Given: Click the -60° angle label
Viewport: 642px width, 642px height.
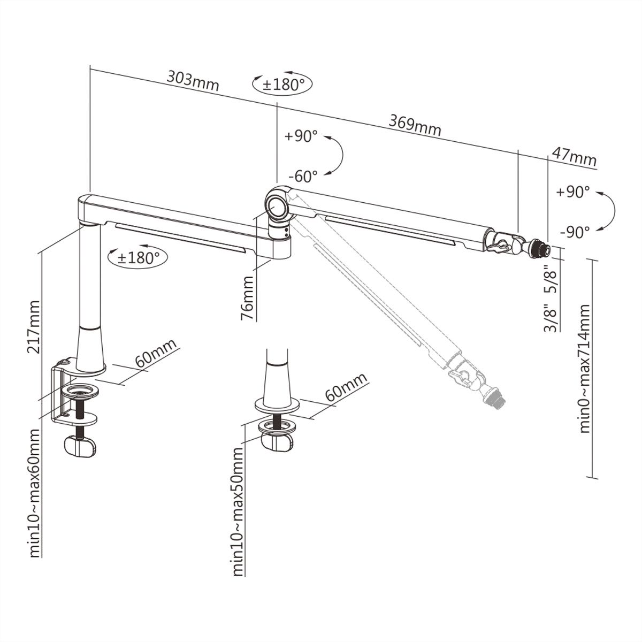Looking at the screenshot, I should pyautogui.click(x=303, y=175).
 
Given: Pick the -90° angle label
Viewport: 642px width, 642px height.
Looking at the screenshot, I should pyautogui.click(x=575, y=232).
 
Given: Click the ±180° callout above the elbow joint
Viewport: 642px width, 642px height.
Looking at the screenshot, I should pyautogui.click(x=282, y=84).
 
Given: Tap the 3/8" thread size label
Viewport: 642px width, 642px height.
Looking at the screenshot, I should pyautogui.click(x=551, y=319).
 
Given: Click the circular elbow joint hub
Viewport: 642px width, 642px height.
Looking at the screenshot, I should pyautogui.click(x=278, y=206).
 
